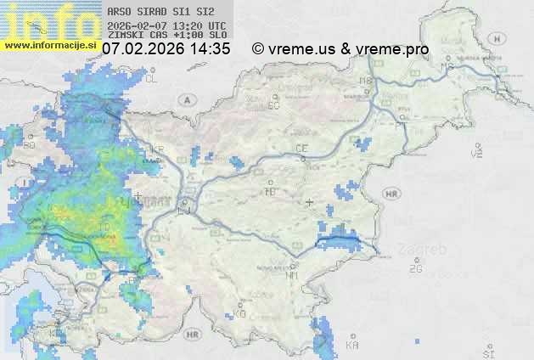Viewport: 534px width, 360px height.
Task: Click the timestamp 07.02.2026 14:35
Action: pyautogui.click(x=166, y=49)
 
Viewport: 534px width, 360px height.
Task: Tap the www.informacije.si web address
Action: pyautogui.click(x=49, y=45)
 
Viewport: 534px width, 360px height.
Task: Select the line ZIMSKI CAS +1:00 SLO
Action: pyautogui.click(x=166, y=35)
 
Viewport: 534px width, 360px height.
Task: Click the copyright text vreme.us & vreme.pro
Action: pyautogui.click(x=340, y=49)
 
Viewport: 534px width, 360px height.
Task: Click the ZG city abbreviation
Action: pyautogui.click(x=415, y=269)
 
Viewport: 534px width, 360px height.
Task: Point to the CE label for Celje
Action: pyautogui.click(x=301, y=149)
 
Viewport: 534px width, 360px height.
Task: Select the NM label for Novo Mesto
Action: pyautogui.click(x=292, y=275)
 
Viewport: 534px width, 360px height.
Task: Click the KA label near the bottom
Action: pyautogui.click(x=352, y=345)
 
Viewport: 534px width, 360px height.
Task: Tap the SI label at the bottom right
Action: pyautogui.click(x=487, y=352)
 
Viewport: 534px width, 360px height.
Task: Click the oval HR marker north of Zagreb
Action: pyautogui.click(x=391, y=194)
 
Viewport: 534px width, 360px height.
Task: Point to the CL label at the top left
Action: pyautogui.click(x=152, y=79)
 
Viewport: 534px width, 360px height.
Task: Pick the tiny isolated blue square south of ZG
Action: pyautogui.click(x=418, y=343)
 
